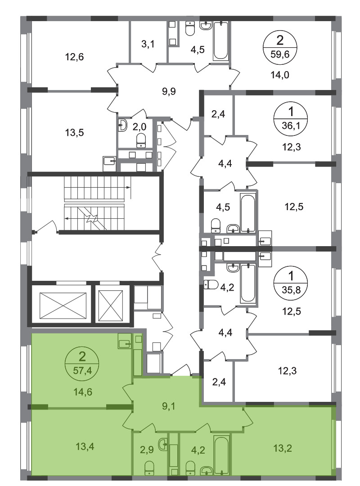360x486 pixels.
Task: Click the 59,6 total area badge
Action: (x=280, y=47)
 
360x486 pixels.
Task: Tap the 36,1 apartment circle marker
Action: (x=290, y=118)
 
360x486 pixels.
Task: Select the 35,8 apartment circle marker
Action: (x=290, y=283)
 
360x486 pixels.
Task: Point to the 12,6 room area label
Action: (x=74, y=57)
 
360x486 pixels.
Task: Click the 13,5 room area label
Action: (x=74, y=133)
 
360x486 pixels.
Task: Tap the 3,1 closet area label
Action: (x=148, y=44)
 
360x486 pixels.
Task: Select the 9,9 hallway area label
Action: (x=169, y=91)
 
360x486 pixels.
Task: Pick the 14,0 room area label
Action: (x=280, y=75)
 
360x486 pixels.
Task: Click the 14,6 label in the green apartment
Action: (x=82, y=392)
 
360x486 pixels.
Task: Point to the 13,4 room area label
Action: (x=85, y=447)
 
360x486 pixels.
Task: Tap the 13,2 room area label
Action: (x=283, y=448)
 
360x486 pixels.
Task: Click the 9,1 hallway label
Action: (x=169, y=406)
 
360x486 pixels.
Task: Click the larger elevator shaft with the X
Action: (x=63, y=305)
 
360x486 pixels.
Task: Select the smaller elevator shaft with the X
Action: (x=111, y=306)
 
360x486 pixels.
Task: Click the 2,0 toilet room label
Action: (x=140, y=126)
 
